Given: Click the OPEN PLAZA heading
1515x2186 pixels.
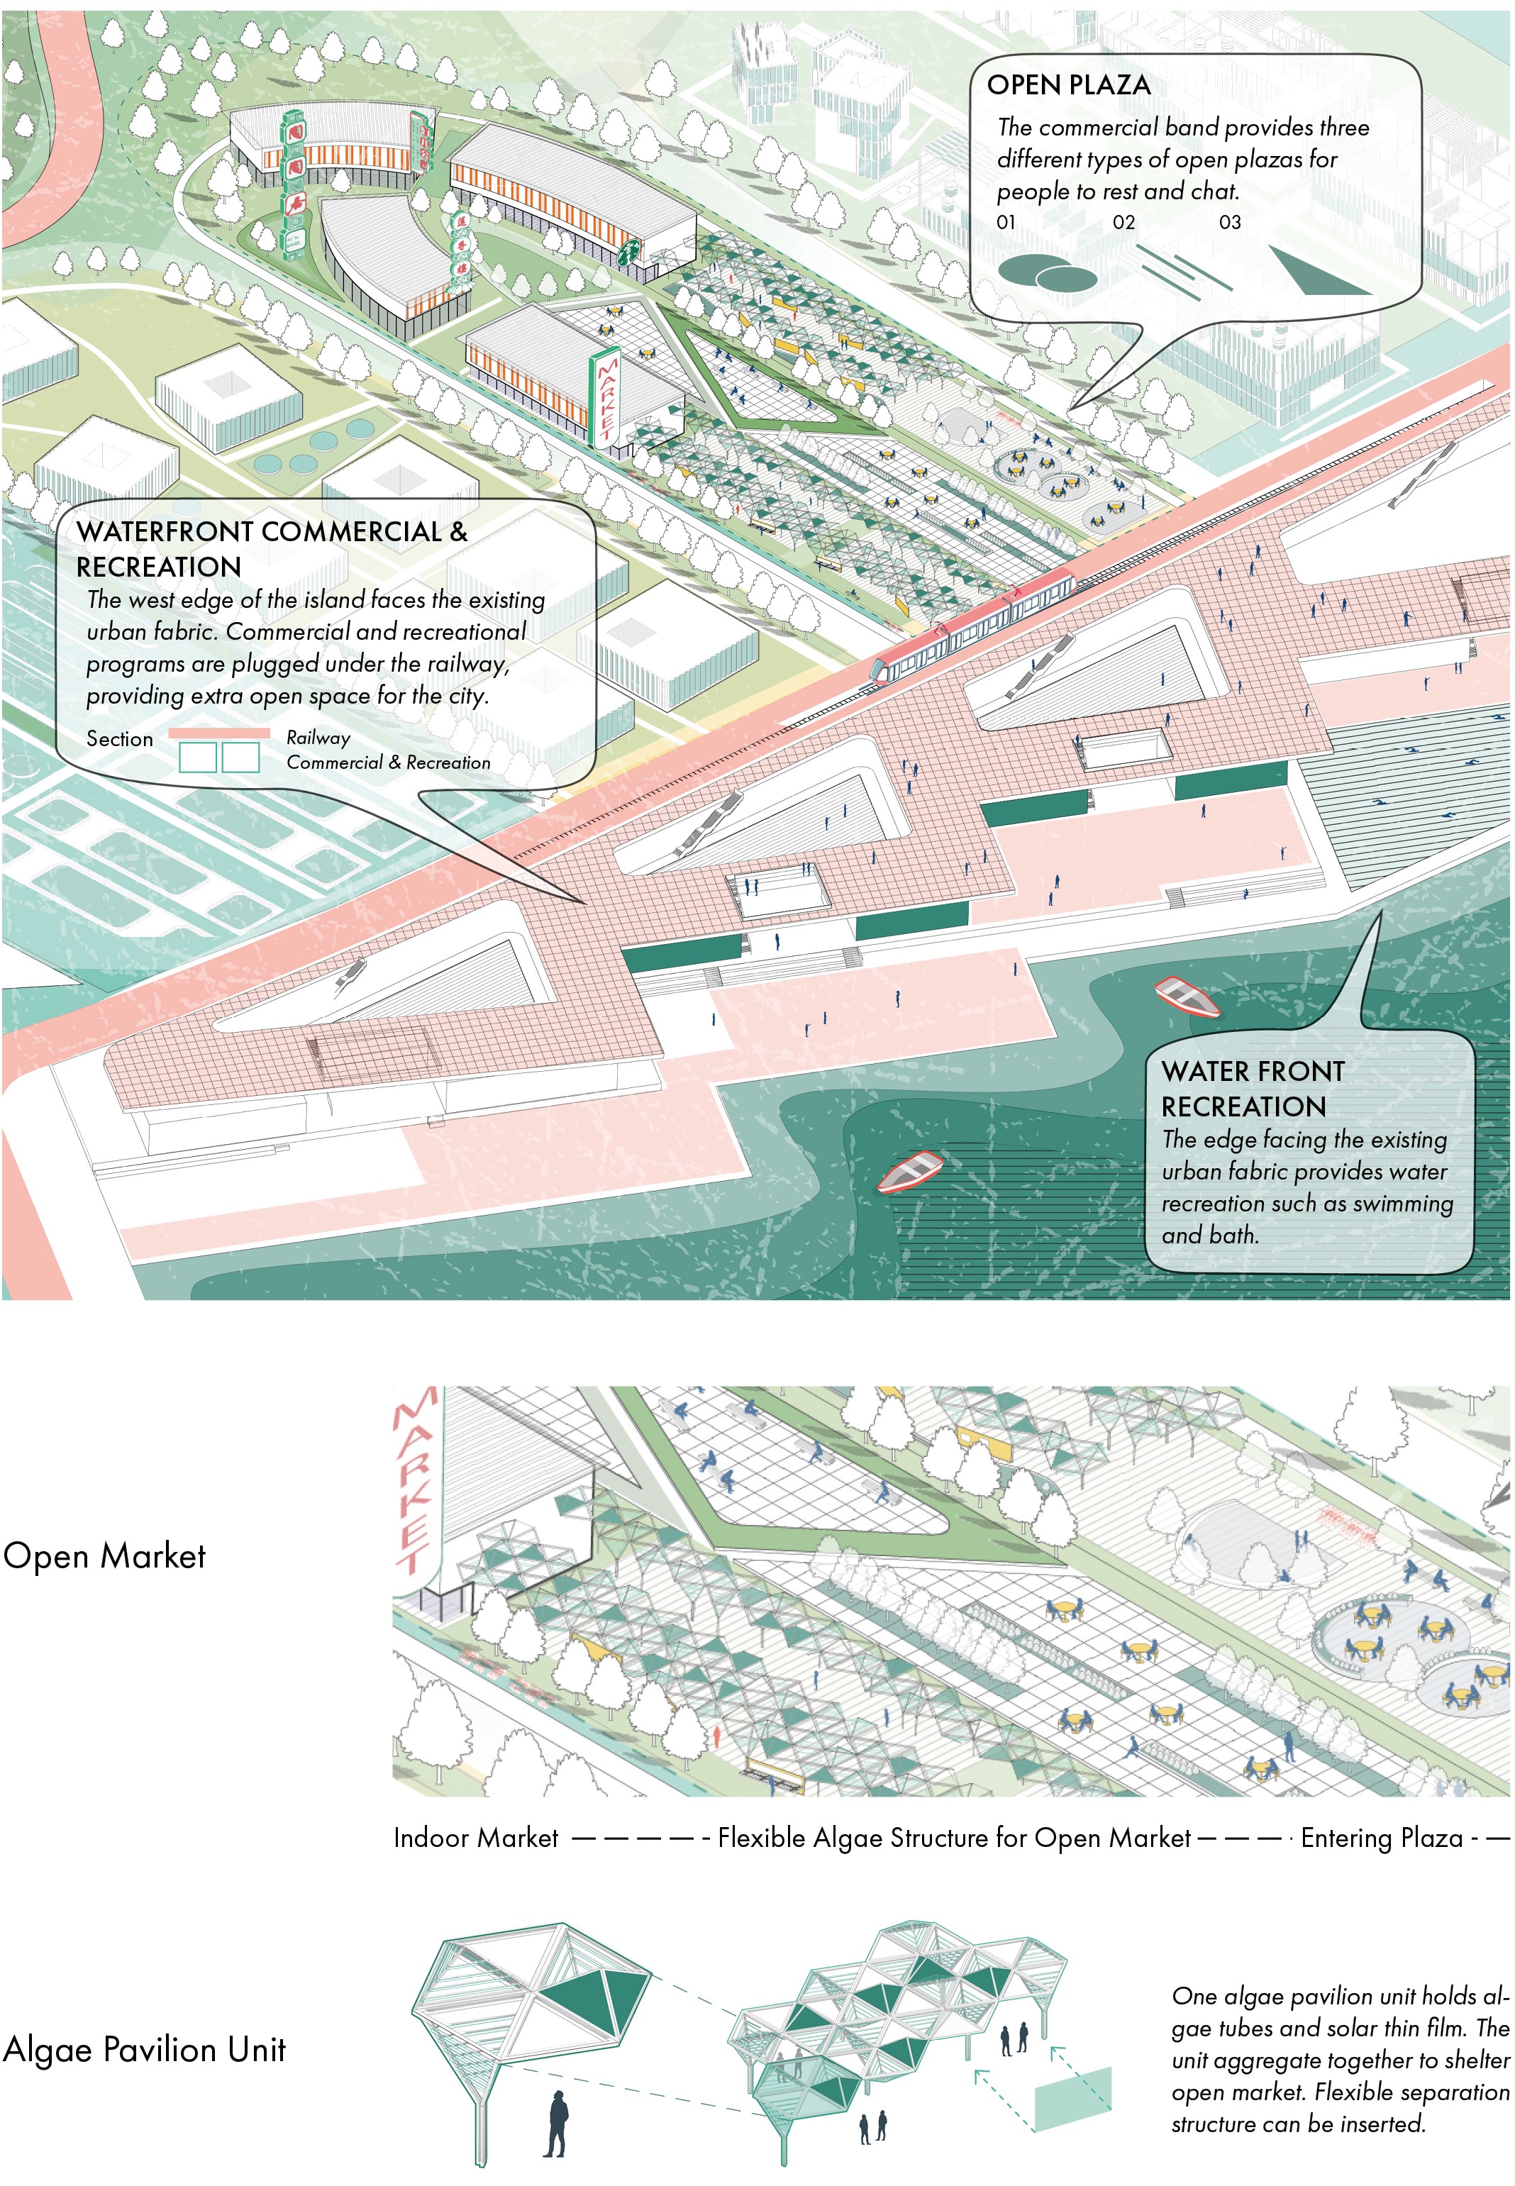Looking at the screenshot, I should coord(1068,85).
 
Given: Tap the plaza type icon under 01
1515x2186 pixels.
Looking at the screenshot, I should coord(1046,273).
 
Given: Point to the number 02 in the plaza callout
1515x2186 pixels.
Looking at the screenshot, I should coord(1123,222).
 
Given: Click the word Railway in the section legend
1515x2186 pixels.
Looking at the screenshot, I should coord(318,738).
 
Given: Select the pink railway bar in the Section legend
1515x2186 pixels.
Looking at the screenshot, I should coord(218,733).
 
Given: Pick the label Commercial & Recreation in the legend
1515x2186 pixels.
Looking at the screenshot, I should coord(388,762).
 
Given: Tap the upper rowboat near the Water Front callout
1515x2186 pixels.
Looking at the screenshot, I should coord(1187,996).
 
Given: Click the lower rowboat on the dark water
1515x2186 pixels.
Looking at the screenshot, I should coord(909,1170).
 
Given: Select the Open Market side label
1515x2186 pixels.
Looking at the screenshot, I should coord(104,1555).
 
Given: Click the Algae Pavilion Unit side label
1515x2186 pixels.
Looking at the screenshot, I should coord(144,2049).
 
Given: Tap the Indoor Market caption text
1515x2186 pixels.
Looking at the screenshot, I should coord(476,1838).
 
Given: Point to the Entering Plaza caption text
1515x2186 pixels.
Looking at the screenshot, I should coord(1381,1838).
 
